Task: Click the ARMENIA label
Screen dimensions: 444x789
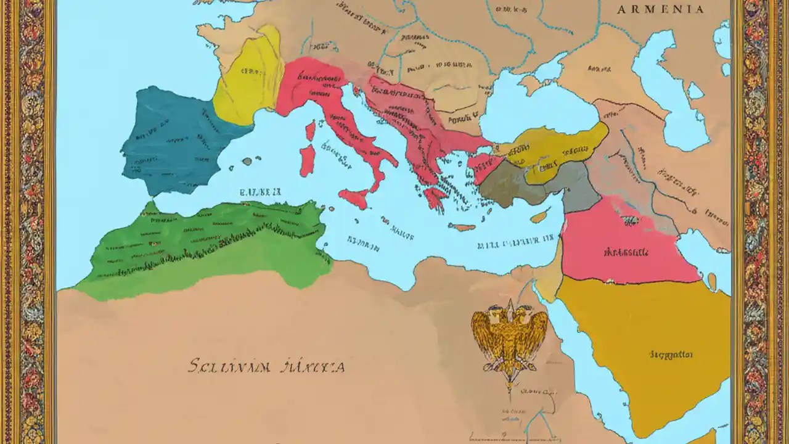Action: point(660,9)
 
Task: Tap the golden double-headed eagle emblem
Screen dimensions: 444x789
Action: point(510,336)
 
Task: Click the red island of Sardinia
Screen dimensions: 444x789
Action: point(307,160)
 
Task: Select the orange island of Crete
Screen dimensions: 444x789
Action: point(462,227)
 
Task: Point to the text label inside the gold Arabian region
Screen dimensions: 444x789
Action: point(671,355)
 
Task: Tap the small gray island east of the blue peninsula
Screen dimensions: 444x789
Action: point(247,162)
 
